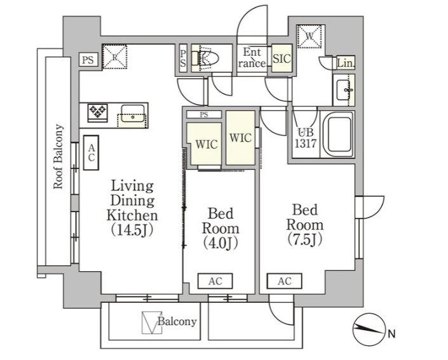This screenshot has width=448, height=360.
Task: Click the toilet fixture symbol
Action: pyautogui.click(x=205, y=58)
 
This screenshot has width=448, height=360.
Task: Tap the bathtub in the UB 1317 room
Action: pyautogui.click(x=337, y=134)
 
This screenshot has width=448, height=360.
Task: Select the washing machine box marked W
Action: pyautogui.click(x=309, y=36)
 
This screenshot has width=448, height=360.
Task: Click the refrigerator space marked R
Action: pyautogui.click(x=114, y=57)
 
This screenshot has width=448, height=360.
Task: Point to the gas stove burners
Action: pyautogui.click(x=97, y=112)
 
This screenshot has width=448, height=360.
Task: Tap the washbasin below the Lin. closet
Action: pyautogui.click(x=344, y=90)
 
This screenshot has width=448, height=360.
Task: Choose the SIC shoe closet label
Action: pyautogui.click(x=282, y=58)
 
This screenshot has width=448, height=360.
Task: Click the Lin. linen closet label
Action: pyautogui.click(x=346, y=63)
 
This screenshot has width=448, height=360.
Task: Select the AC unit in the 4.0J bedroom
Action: pyautogui.click(x=215, y=281)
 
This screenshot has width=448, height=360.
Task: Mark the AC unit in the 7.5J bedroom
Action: pyautogui.click(x=285, y=281)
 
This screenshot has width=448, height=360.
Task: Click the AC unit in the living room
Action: pyautogui.click(x=91, y=153)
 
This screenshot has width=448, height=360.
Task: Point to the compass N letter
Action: pyautogui.click(x=391, y=333)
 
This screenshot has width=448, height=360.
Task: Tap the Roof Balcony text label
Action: pyautogui.click(x=58, y=156)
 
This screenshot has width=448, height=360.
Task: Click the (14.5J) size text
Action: pyautogui.click(x=132, y=230)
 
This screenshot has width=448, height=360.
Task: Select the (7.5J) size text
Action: pyautogui.click(x=305, y=239)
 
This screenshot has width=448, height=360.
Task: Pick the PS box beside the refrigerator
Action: pyautogui.click(x=88, y=60)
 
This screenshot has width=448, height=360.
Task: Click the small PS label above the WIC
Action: pyautogui.click(x=204, y=115)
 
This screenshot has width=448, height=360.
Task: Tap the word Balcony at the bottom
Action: pyautogui.click(x=177, y=321)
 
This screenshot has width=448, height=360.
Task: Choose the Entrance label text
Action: pyautogui.click(x=252, y=58)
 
